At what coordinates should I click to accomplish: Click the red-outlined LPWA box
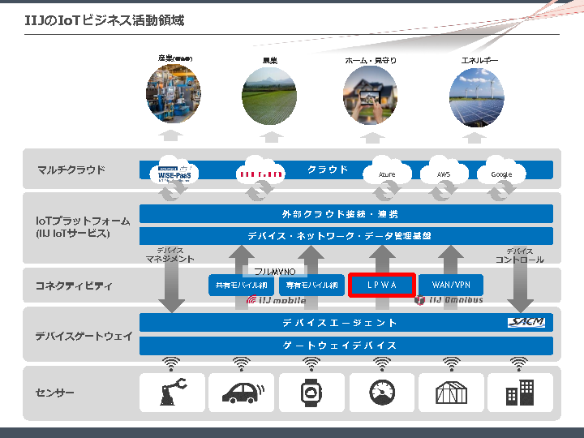[x=382, y=286]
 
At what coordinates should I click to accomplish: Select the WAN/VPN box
[x=451, y=286]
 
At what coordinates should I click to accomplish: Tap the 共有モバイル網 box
[x=242, y=286]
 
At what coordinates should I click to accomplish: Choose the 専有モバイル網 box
[x=311, y=286]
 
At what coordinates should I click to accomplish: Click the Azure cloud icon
[x=386, y=172]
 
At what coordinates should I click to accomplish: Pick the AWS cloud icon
[x=444, y=172]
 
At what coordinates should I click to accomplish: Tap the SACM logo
[x=526, y=323]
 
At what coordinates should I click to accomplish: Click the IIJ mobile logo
[x=277, y=300]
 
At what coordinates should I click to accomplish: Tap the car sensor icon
[x=242, y=393]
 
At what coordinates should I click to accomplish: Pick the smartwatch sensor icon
[x=311, y=393]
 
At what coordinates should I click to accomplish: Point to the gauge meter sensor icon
[x=381, y=393]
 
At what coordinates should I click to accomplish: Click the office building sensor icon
[x=520, y=393]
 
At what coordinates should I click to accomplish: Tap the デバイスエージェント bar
[x=341, y=323]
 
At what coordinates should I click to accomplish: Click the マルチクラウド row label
[x=71, y=170]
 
